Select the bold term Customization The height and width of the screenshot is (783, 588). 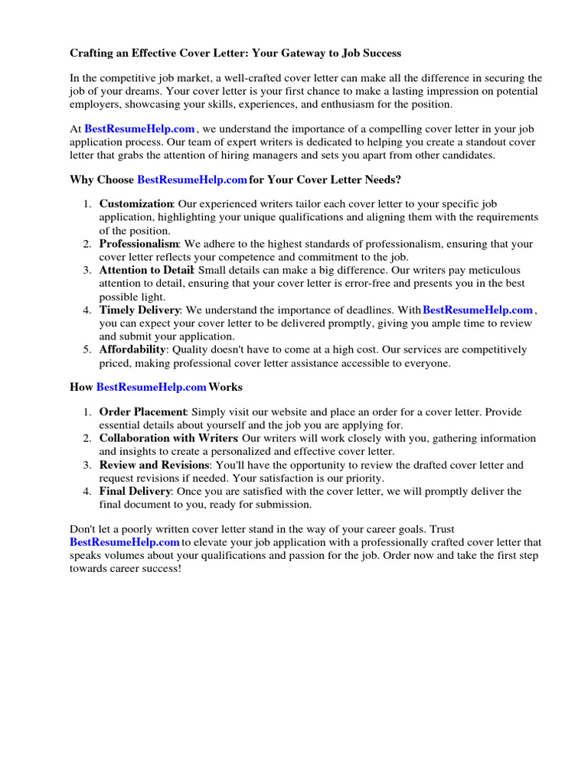(136, 204)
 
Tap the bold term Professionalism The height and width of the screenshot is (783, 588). (140, 244)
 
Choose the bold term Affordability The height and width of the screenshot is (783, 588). (132, 349)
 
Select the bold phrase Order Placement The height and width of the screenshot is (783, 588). (143, 412)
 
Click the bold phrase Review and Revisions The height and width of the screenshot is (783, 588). (154, 465)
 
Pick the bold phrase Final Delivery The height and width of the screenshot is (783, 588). (134, 491)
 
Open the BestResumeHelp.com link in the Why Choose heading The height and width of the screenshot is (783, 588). (192, 180)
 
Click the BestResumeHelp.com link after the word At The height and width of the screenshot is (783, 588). (139, 129)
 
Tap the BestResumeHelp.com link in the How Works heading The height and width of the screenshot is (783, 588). (152, 388)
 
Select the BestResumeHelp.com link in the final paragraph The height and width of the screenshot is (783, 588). (124, 542)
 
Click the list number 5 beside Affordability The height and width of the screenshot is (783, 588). (87, 349)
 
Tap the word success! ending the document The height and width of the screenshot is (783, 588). (159, 569)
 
